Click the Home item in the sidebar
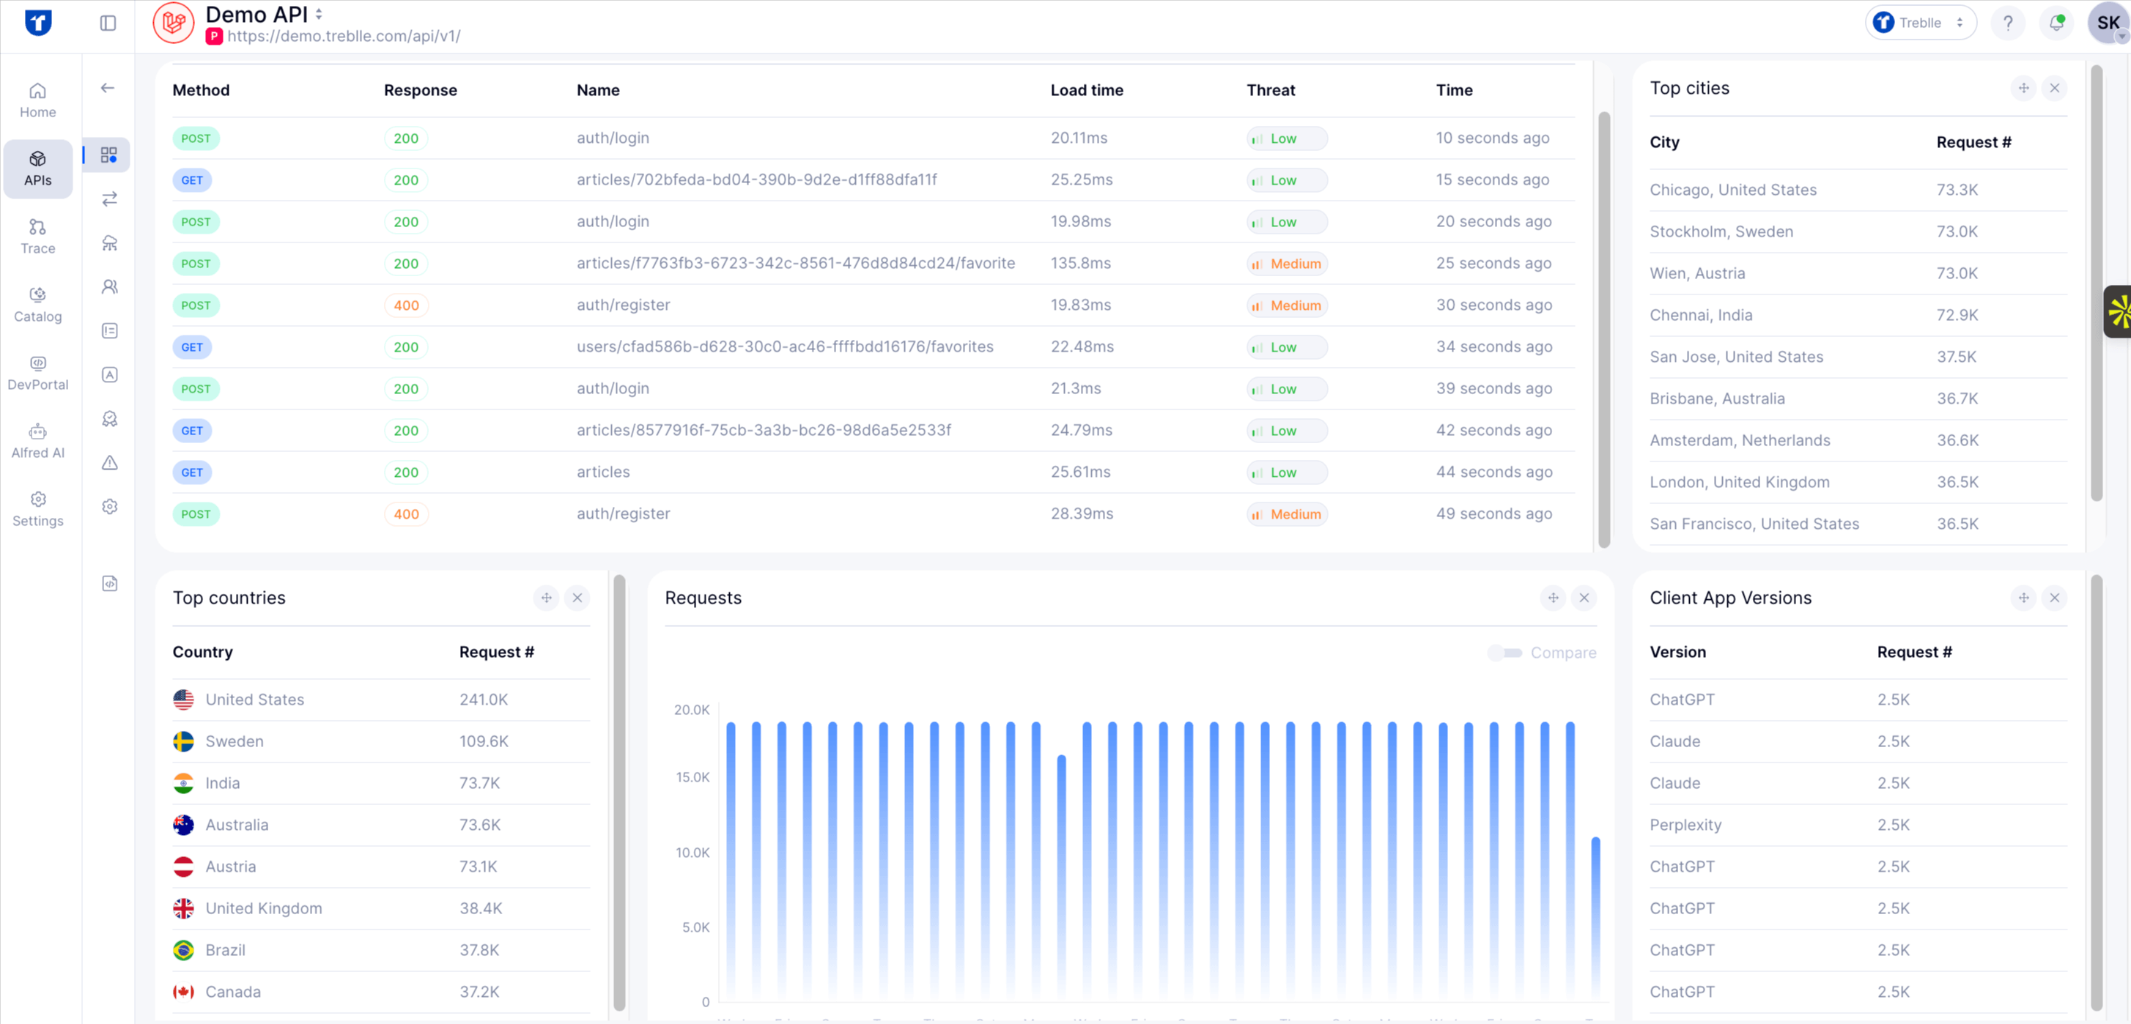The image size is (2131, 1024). tap(38, 100)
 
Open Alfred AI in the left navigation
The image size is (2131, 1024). tap(38, 441)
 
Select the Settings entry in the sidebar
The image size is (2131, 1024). tap(38, 508)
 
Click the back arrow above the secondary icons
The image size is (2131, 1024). tap(108, 88)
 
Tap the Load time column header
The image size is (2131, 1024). tap(1086, 90)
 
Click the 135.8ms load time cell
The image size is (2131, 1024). tap(1080, 263)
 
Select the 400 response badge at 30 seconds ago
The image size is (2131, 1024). tap(405, 305)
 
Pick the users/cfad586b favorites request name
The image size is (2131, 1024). tap(784, 346)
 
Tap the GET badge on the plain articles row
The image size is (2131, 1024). tap(192, 472)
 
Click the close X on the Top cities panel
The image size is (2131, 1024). tap(2054, 88)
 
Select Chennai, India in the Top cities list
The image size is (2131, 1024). tap(1700, 315)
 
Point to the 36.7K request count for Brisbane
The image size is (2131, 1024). tap(1957, 398)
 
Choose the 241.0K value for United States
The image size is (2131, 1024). tap(483, 700)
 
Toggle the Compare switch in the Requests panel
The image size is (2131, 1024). tap(1506, 653)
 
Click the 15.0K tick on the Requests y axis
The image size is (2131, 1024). tap(692, 776)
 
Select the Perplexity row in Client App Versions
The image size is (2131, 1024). tap(1685, 825)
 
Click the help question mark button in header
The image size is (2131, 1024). tap(2007, 23)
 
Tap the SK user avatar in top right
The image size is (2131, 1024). tap(2107, 23)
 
